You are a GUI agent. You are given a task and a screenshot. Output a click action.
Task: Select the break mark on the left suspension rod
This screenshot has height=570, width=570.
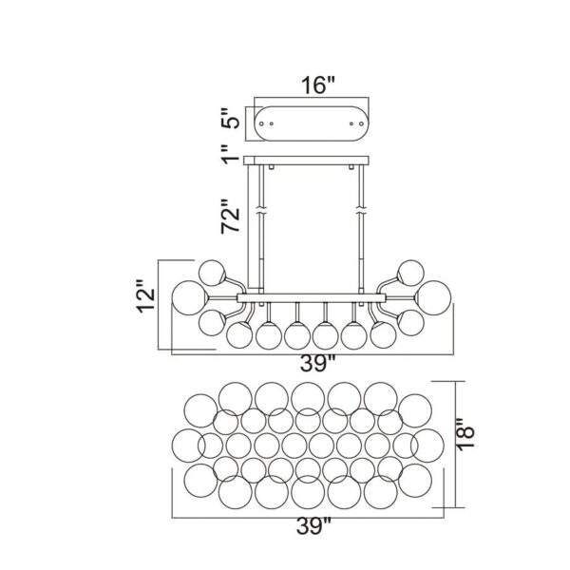pos(258,209)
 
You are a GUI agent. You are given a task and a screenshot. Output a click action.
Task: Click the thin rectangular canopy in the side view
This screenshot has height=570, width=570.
pos(311,160)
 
